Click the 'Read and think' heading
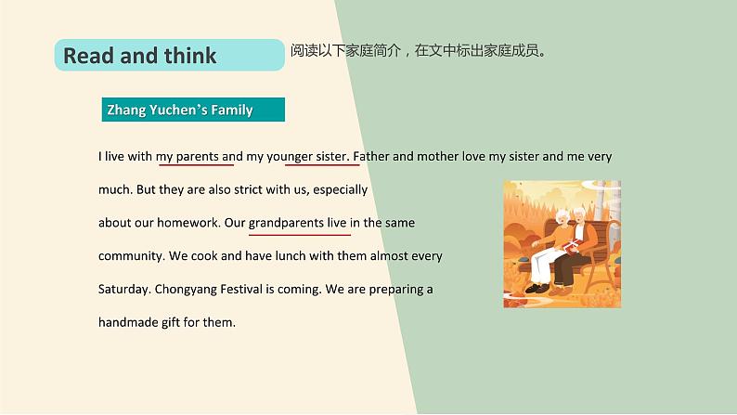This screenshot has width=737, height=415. (139, 56)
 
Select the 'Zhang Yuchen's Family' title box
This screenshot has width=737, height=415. (192, 110)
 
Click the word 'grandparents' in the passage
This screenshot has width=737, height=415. (285, 223)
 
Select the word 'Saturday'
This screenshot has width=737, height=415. (123, 289)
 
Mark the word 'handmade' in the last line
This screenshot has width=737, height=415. (129, 322)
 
